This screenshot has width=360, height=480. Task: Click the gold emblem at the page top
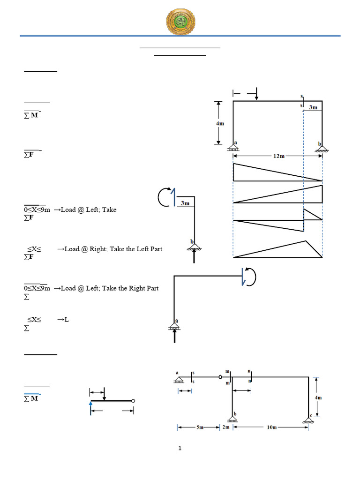pyautogui.click(x=181, y=21)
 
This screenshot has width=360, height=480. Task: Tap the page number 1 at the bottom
pyautogui.click(x=180, y=449)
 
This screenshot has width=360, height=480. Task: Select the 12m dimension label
pyautogui.click(x=278, y=156)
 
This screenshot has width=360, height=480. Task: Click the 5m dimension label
pyautogui.click(x=199, y=427)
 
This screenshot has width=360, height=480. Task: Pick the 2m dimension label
pyautogui.click(x=226, y=427)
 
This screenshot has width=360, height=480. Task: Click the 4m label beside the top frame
pyautogui.click(x=219, y=124)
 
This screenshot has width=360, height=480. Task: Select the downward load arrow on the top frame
pyautogui.click(x=256, y=94)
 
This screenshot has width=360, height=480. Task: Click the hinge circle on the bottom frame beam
pyautogui.click(x=220, y=376)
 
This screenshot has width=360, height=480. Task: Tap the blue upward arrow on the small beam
pyautogui.click(x=90, y=407)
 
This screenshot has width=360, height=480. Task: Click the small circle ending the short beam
pyautogui.click(x=134, y=401)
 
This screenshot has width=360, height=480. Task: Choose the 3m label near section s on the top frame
pyautogui.click(x=313, y=107)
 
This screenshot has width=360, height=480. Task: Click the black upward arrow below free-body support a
pyautogui.click(x=175, y=336)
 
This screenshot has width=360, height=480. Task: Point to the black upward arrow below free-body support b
pyautogui.click(x=194, y=255)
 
